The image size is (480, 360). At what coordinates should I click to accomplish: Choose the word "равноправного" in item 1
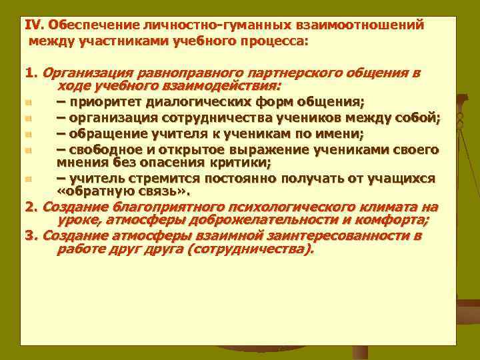[189, 73]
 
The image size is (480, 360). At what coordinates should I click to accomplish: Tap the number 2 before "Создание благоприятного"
[29, 206]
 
